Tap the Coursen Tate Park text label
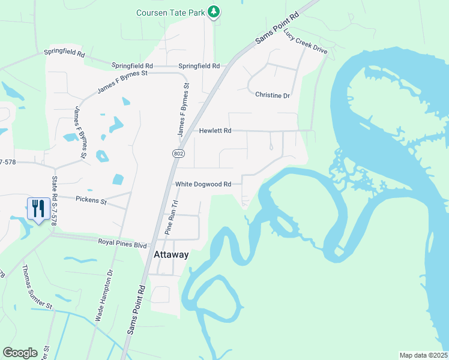click(x=170, y=12)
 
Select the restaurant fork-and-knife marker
click(x=37, y=209)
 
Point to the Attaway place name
click(x=171, y=254)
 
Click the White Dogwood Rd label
click(x=203, y=184)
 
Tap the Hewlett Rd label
click(x=214, y=130)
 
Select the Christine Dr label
click(x=273, y=95)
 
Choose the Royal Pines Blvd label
click(x=122, y=244)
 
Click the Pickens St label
click(x=91, y=200)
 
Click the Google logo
click(x=20, y=353)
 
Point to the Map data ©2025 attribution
click(x=423, y=355)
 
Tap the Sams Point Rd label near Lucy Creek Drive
click(x=277, y=28)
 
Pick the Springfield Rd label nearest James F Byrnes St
click(x=132, y=65)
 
